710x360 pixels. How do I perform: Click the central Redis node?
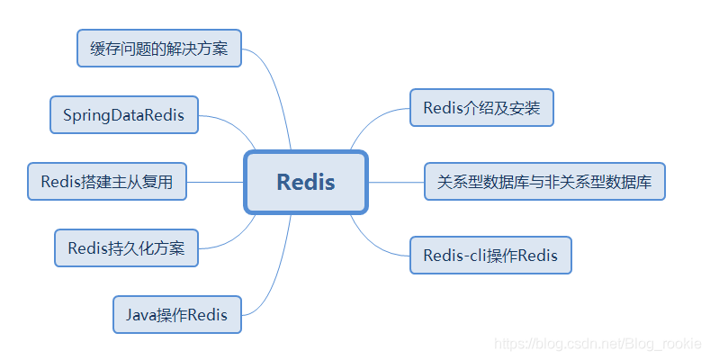(306, 182)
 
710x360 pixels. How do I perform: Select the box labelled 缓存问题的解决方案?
(159, 48)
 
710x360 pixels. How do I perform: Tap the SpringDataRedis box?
(123, 115)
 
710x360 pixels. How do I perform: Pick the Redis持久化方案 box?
(126, 247)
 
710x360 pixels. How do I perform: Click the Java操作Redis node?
(177, 315)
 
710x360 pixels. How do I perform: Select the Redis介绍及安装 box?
(481, 108)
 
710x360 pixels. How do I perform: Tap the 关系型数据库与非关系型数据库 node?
(544, 182)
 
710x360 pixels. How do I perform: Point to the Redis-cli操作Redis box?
(490, 256)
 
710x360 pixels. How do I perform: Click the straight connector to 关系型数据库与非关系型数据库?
(396, 182)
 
